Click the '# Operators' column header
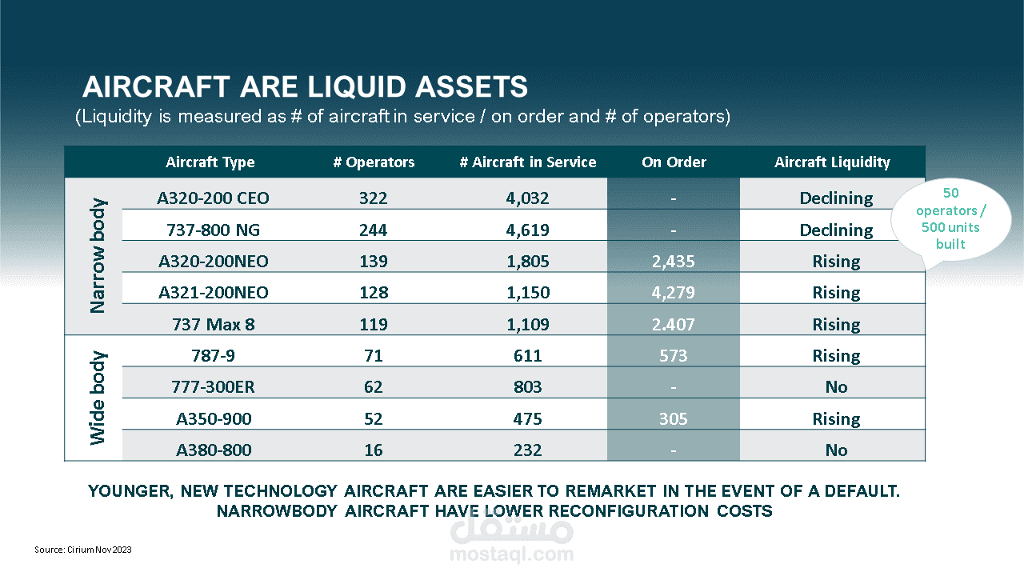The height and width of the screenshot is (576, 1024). pos(374,162)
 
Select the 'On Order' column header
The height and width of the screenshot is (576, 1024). pos(674,162)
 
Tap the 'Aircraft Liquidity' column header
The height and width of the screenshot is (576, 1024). pos(832,162)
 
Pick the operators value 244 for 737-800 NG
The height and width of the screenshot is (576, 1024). pos(374,230)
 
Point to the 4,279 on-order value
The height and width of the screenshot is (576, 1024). pos(674,293)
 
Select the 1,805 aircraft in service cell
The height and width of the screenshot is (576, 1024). pos(528,262)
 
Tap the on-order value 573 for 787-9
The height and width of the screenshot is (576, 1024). pos(674,356)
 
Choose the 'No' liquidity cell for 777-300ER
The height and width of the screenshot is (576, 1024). pos(836,387)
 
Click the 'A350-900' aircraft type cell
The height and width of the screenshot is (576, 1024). pos(213,419)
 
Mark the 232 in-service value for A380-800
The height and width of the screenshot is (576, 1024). pos(528,450)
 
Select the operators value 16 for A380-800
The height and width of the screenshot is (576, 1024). pos(374,450)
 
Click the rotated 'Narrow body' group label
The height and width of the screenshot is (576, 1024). pos(98,256)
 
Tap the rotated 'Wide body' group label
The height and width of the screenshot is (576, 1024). pos(98,398)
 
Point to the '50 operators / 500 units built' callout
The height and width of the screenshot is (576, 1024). pos(950,218)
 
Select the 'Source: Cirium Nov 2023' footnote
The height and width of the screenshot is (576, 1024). pos(83,550)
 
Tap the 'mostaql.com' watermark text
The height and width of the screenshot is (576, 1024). pos(512,554)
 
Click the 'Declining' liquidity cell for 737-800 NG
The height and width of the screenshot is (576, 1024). pos(836,230)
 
